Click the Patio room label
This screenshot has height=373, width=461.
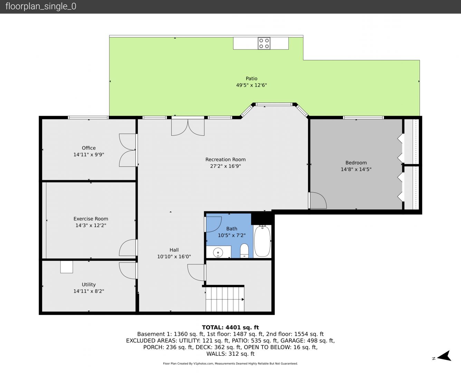(x=251, y=78)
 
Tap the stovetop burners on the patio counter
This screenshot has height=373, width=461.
(x=264, y=43)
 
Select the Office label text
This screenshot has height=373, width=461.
(x=89, y=148)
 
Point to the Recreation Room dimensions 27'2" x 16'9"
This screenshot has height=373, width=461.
(x=225, y=166)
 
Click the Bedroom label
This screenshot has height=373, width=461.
(x=356, y=163)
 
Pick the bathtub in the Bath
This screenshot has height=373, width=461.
(x=262, y=241)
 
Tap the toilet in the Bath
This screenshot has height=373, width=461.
(x=244, y=251)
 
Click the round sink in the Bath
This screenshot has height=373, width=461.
(x=218, y=252)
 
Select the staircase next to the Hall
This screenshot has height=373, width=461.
(x=225, y=299)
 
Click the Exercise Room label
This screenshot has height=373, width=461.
(x=91, y=219)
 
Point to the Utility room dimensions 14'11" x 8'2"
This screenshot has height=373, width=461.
(x=89, y=291)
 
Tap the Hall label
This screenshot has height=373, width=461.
(x=174, y=250)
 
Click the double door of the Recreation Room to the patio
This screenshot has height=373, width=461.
(x=188, y=127)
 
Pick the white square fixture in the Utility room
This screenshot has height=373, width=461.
(x=66, y=267)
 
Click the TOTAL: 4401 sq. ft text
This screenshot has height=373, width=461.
(x=230, y=327)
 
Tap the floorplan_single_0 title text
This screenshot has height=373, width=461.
(x=41, y=6)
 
